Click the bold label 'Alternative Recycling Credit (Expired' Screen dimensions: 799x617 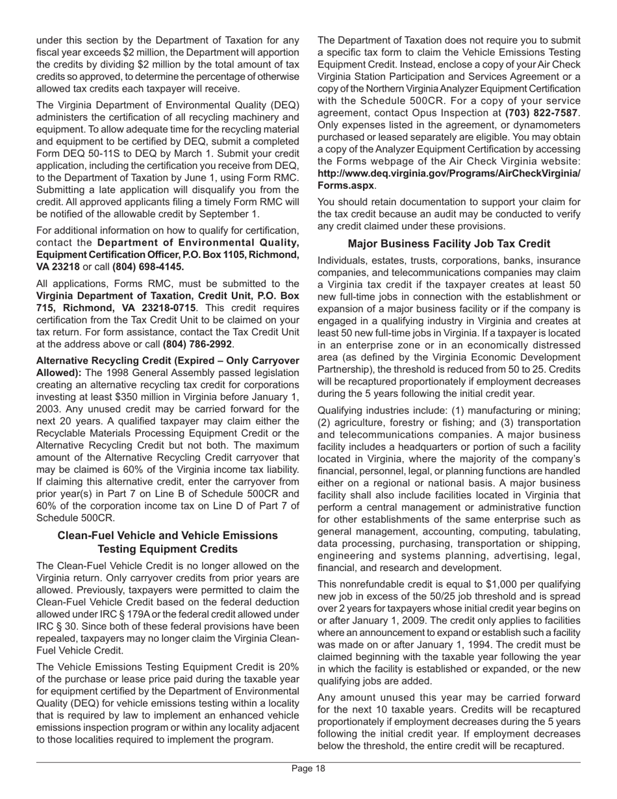point(140,360)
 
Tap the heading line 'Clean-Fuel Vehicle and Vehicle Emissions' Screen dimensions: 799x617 point(168,535)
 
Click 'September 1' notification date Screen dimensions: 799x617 point(231,214)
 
